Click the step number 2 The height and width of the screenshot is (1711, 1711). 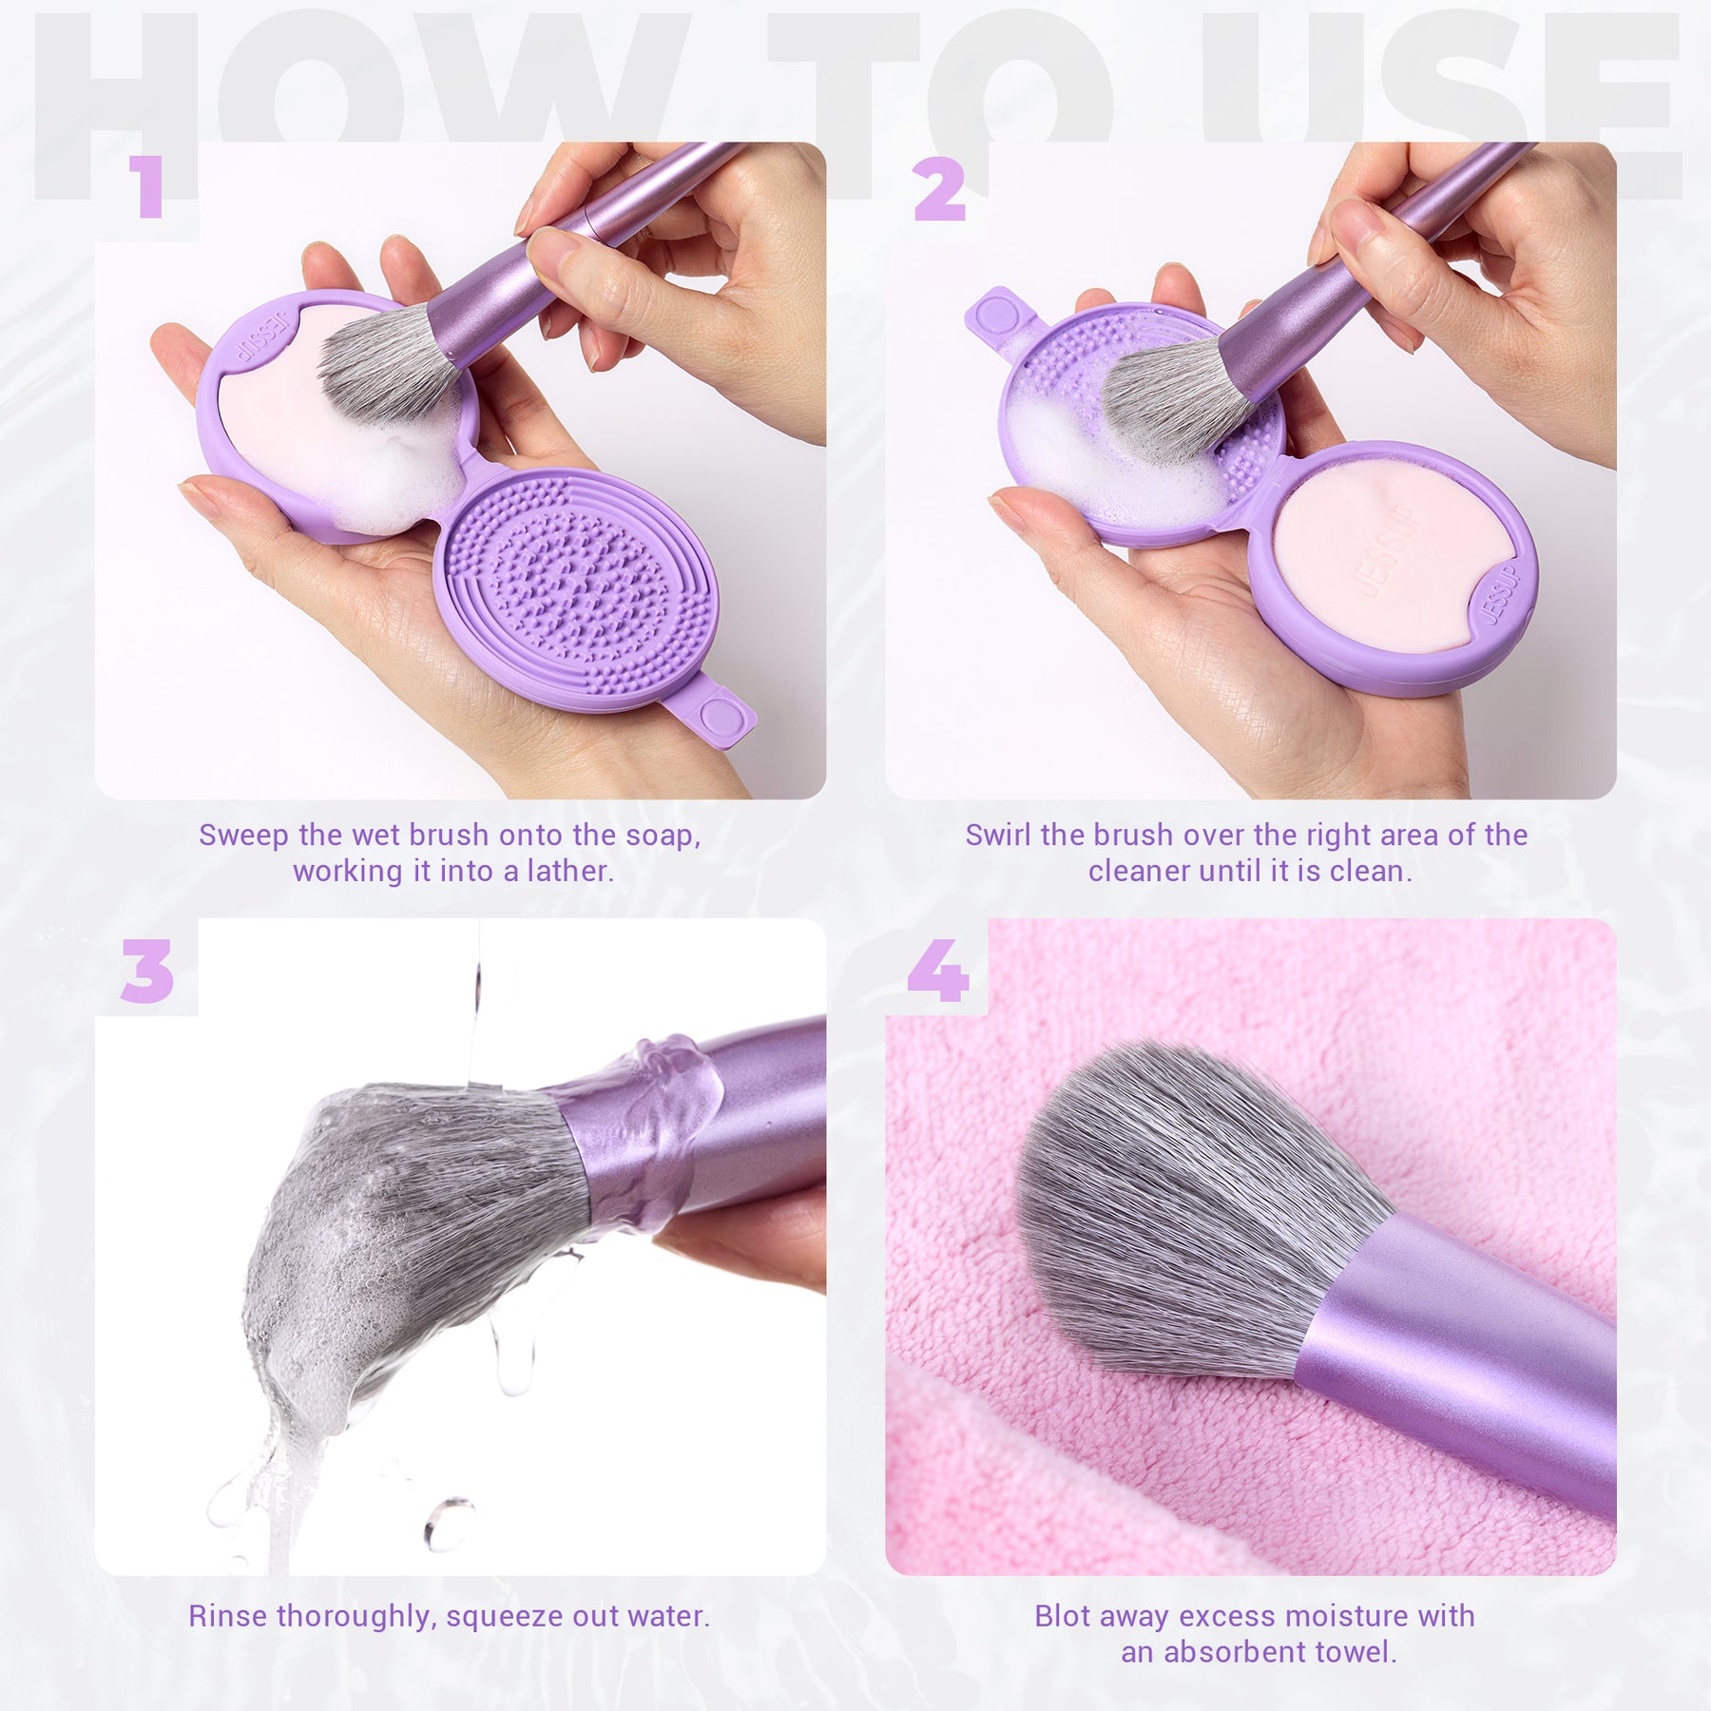tap(939, 188)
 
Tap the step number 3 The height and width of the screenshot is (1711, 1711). tap(147, 971)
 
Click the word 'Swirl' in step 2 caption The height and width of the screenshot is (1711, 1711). tap(998, 835)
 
